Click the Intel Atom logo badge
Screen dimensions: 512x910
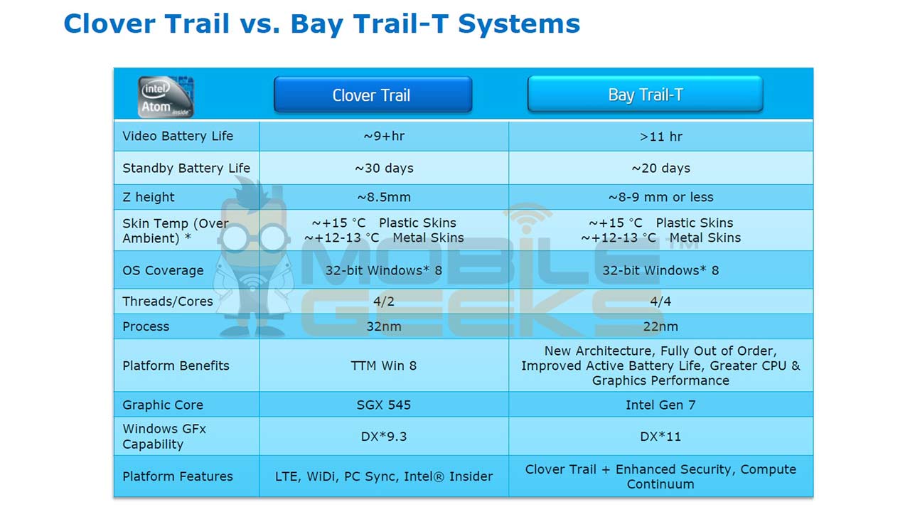click(166, 96)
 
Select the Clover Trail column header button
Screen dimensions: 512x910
click(373, 95)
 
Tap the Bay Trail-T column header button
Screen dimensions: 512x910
click(645, 95)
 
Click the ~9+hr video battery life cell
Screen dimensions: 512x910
click(384, 137)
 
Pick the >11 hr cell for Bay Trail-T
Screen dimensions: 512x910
click(660, 137)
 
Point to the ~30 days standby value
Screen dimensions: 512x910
click(384, 169)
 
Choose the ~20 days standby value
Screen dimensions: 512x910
click(660, 169)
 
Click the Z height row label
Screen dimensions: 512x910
click(149, 197)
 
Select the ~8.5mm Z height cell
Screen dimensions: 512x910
click(384, 197)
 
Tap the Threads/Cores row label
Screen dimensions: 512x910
click(168, 302)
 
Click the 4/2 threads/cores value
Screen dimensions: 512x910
click(384, 302)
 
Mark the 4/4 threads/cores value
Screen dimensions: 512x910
click(660, 302)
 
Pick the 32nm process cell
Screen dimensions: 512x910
click(384, 327)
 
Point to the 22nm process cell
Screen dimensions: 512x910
click(660, 327)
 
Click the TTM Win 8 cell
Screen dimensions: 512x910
click(384, 366)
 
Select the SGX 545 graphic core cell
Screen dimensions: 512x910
click(384, 405)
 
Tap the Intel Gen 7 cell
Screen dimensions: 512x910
click(660, 405)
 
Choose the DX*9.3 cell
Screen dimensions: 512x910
click(384, 437)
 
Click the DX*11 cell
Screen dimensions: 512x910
click(660, 437)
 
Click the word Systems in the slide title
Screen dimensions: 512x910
click(519, 23)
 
